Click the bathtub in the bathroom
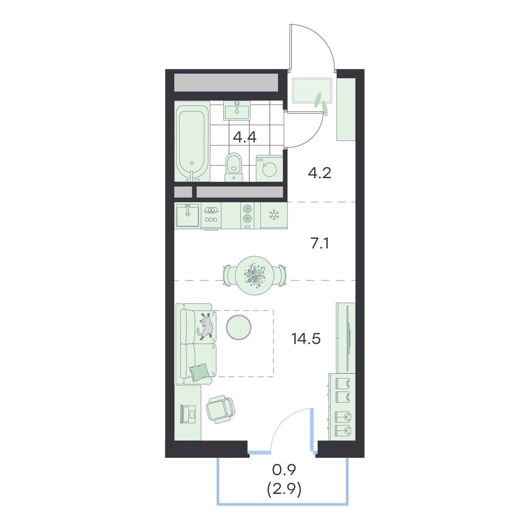192,142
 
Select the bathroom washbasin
236,111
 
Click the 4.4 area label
245,137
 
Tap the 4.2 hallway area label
320,173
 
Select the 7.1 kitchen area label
320,243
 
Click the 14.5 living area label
306,338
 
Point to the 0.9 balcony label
284,469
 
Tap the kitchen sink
188,215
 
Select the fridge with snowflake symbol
274,215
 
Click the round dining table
255,275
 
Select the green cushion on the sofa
199,372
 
